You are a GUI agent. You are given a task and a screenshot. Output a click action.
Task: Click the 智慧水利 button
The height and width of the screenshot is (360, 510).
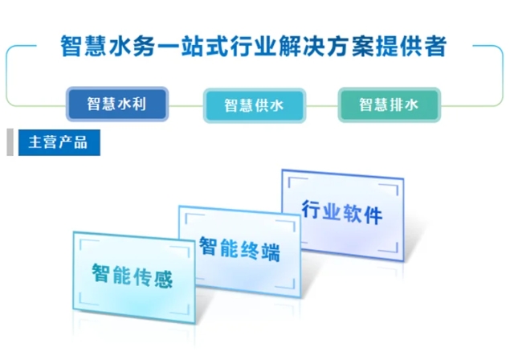click(117, 104)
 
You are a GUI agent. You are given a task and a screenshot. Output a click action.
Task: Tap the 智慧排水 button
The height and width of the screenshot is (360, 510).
click(389, 104)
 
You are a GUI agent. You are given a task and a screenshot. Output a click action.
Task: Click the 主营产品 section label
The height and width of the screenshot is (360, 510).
click(58, 143)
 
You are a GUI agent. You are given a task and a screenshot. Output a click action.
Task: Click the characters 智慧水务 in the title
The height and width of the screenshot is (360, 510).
click(101, 45)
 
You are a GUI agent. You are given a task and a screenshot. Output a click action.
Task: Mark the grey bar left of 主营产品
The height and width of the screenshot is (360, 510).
click(10, 143)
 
